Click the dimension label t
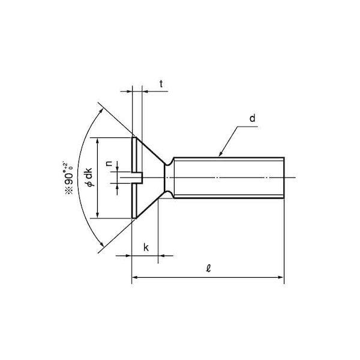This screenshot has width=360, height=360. tap(161, 84)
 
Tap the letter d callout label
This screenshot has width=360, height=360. tap(253, 118)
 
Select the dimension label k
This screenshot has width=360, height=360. tap(146, 248)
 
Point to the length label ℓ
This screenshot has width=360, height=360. tap(208, 268)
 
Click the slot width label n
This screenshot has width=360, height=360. tap(109, 163)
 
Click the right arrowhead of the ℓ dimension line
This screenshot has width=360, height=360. tap(281, 277)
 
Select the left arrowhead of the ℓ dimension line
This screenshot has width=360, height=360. tap(135, 277)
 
